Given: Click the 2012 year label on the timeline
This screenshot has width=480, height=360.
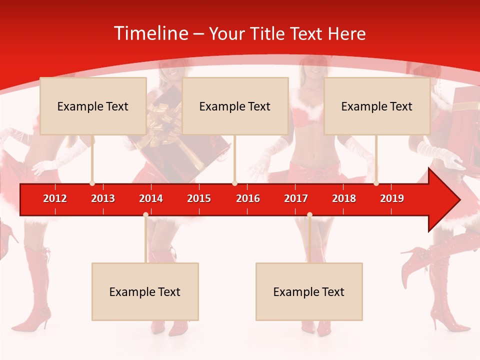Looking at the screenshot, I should point(55,198).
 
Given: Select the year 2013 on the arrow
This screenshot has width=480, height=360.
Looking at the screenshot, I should point(103,198).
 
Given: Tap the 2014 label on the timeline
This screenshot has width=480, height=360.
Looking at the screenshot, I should point(151,198).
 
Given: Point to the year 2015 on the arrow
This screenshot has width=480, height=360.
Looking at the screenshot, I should point(199,198).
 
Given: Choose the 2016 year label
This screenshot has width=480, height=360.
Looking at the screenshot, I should point(248,198).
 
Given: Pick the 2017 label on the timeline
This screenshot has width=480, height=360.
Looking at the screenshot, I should point(296,198).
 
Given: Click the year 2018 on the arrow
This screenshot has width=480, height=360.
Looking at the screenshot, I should point(344,198).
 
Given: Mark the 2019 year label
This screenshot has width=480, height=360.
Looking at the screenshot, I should point(392,198).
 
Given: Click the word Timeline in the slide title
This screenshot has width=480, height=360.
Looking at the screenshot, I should point(150,33).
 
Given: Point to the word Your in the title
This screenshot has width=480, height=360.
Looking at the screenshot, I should point(226,33).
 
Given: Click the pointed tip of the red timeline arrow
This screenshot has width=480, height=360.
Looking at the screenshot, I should point(459,200).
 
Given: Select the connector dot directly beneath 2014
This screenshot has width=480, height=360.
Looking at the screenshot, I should point(145,214).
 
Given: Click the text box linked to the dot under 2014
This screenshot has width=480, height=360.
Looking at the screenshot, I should point(145,291).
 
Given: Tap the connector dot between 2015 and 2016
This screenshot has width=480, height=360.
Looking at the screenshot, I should point(234,183).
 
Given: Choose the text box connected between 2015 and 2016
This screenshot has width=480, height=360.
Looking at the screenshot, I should point(235,106).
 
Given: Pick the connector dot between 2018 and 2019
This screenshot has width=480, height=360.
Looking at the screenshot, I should point(376,183).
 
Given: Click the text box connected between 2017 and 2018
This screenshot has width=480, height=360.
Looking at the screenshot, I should point(309,291).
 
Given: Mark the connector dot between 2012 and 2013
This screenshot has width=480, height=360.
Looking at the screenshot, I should point(92,183).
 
